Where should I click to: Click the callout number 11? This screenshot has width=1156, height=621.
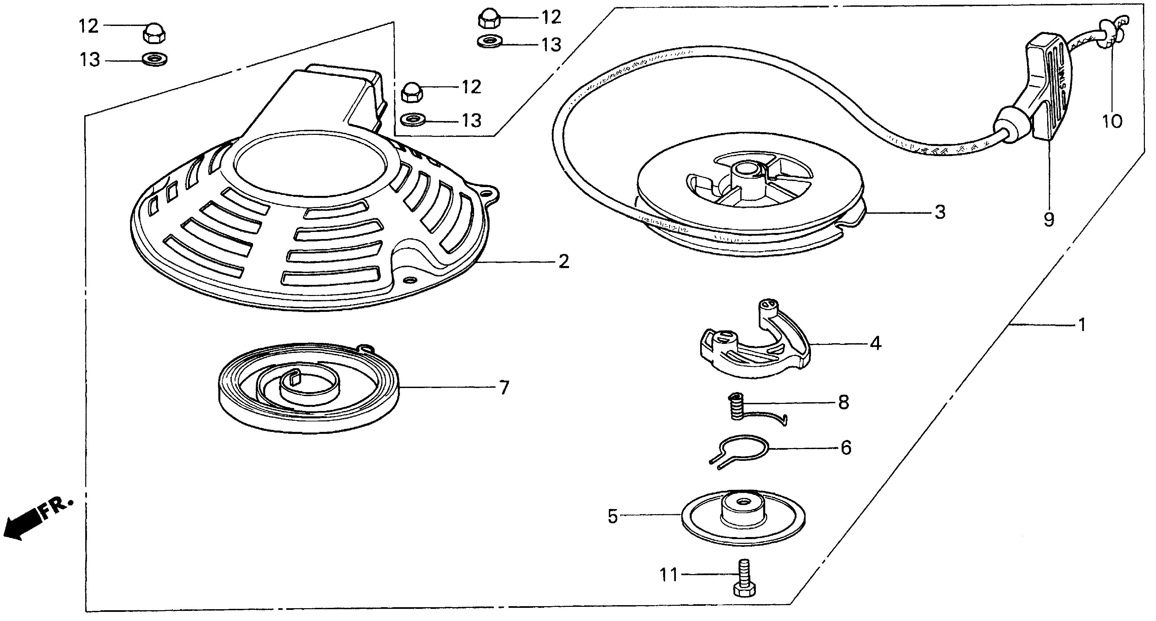(669, 575)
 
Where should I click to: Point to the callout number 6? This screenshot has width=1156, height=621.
(846, 448)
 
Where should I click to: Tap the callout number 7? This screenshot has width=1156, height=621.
(504, 387)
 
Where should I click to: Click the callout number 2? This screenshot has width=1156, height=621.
(564, 261)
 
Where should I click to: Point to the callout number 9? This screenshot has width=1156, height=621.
(1049, 220)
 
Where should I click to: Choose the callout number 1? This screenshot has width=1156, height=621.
(1082, 325)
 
